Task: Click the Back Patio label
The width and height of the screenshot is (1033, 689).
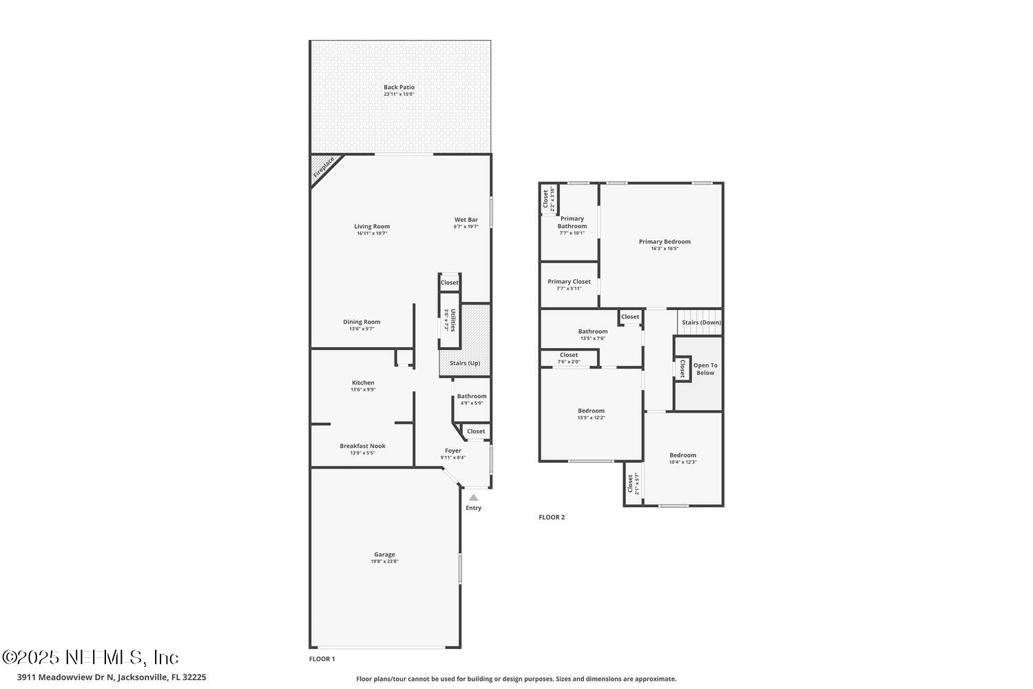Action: [x=399, y=88]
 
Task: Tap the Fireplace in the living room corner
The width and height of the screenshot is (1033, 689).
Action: [x=323, y=168]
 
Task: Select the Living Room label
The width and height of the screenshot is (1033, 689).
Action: [x=372, y=226]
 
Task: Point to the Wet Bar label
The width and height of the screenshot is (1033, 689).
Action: [x=466, y=220]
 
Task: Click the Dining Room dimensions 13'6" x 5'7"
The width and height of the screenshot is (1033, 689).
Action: [x=362, y=329]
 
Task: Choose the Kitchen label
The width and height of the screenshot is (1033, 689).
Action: [x=363, y=382]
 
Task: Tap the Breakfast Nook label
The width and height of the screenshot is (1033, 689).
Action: [x=362, y=446]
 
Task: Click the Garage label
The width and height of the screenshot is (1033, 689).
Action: [x=384, y=554]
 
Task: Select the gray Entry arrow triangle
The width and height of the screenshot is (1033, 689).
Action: [x=473, y=497]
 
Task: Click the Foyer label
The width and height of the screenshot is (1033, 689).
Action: [x=452, y=451]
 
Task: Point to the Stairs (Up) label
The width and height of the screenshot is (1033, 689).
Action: [x=465, y=363]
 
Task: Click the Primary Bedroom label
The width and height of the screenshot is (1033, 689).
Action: [x=665, y=241]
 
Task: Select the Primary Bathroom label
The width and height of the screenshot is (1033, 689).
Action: [x=572, y=223]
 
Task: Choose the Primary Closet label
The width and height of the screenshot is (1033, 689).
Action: [x=569, y=281]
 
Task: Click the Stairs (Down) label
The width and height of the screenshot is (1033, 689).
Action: [x=701, y=322]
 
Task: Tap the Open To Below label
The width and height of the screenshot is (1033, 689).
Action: [x=705, y=369]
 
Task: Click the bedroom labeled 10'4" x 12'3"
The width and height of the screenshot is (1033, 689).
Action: [x=682, y=457]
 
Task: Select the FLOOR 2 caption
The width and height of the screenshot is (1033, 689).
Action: [x=552, y=517]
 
